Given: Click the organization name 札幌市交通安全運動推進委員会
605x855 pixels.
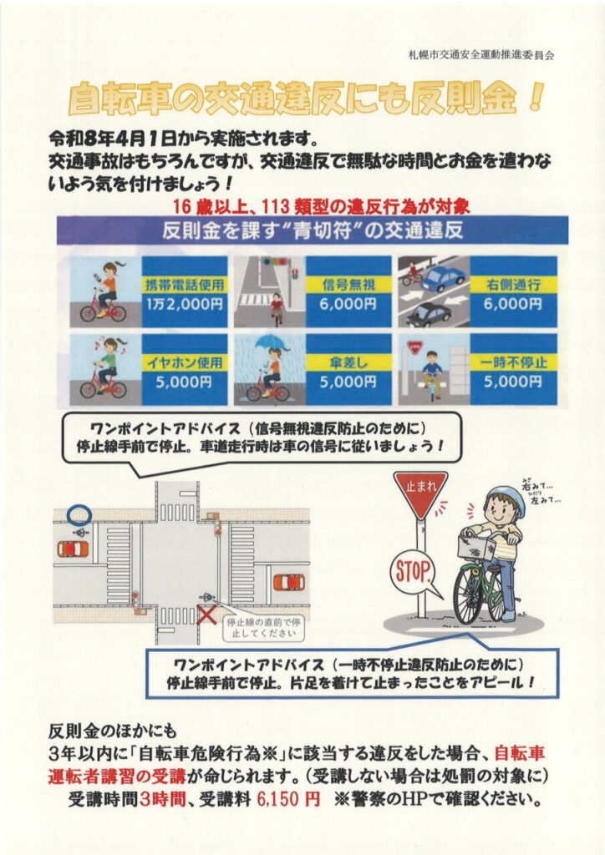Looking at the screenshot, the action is (x=480, y=55).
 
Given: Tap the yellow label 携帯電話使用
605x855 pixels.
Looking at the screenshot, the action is (x=185, y=284).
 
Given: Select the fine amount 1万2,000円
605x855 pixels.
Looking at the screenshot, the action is (x=185, y=304).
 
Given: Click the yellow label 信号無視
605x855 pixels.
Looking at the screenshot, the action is (x=348, y=284).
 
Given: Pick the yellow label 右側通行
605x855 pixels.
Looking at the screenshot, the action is (x=513, y=284).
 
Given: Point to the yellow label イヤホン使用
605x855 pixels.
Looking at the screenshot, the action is (x=185, y=362).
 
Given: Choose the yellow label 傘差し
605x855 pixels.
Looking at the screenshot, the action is (x=348, y=362).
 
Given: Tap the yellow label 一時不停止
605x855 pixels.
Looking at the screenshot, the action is (x=513, y=362).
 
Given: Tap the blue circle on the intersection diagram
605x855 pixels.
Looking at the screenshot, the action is (x=79, y=514).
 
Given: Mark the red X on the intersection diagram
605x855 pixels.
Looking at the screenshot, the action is (x=206, y=615).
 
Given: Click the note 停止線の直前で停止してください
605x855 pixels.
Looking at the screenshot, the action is (x=263, y=628).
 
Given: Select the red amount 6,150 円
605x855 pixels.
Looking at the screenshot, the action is (x=285, y=799).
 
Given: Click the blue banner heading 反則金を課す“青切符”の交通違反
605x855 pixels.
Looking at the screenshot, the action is (x=312, y=230).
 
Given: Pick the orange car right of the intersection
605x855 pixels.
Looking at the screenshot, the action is (x=289, y=582).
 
